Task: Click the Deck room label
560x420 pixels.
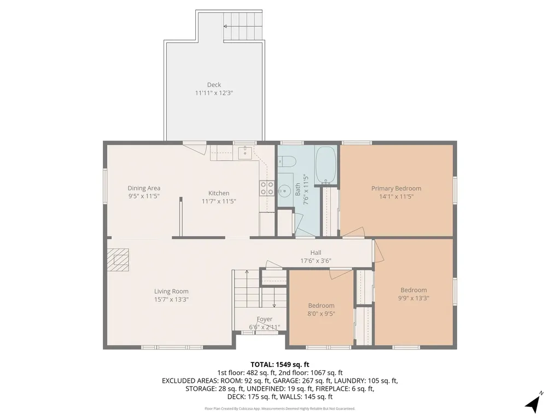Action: click(x=214, y=85)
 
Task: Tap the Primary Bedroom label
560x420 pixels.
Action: click(x=396, y=188)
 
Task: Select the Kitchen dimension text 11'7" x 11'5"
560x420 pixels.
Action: click(x=219, y=201)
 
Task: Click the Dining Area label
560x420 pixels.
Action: click(x=144, y=188)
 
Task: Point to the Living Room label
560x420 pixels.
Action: click(x=171, y=291)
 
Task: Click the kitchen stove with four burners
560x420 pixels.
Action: click(x=267, y=188)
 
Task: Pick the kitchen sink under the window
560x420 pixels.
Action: click(x=246, y=153)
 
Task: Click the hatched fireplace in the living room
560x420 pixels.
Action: click(x=118, y=260)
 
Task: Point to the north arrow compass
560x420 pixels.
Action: click(x=534, y=403)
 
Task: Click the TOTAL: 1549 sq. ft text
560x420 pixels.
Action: click(x=279, y=365)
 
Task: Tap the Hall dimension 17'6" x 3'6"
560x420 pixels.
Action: click(x=316, y=261)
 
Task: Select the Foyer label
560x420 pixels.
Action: click(x=264, y=319)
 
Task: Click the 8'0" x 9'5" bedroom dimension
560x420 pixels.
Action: click(x=322, y=313)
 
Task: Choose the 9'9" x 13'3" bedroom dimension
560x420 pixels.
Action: click(x=413, y=298)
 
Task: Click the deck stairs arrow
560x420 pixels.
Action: click(x=242, y=26)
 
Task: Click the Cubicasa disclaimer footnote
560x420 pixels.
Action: click(x=279, y=409)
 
